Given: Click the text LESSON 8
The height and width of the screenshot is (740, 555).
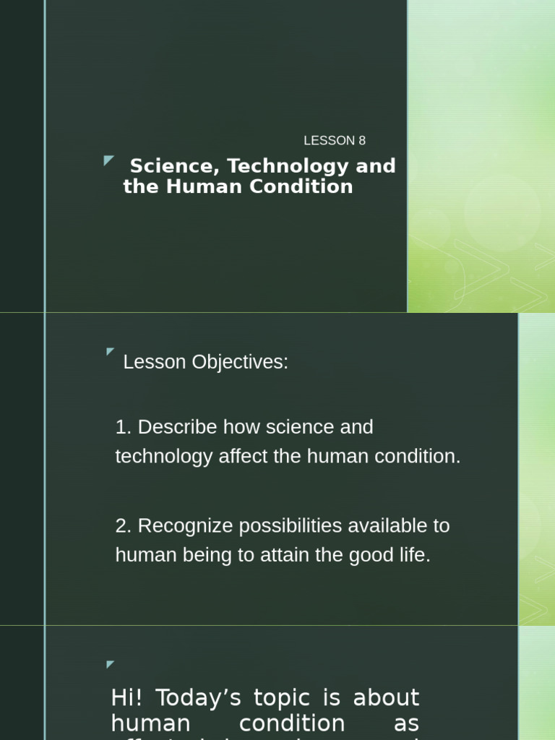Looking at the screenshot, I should click(335, 141).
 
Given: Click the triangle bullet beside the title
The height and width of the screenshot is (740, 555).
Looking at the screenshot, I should click(109, 160).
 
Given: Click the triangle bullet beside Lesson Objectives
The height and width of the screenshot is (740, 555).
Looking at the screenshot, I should click(111, 352).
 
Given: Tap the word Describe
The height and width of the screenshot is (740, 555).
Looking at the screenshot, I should click(177, 427).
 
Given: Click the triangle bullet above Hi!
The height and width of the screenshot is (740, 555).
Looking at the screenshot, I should click(111, 664).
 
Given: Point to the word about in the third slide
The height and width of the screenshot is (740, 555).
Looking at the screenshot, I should click(386, 697).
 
